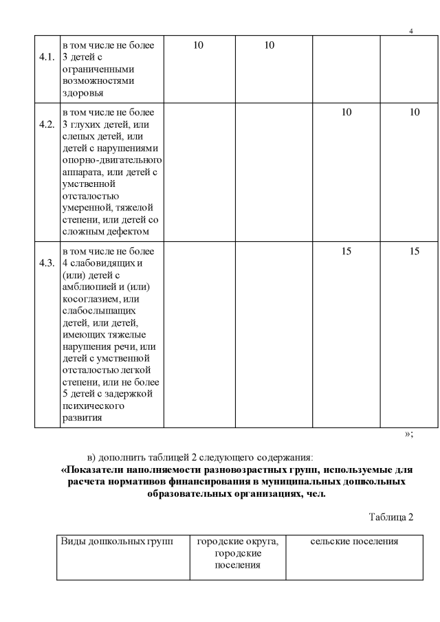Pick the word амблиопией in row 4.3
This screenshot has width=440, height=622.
[88, 287]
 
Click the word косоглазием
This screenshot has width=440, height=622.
[93, 299]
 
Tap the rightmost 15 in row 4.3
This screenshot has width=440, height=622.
[415, 252]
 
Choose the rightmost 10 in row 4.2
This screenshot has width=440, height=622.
[415, 113]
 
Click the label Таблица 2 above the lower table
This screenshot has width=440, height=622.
[390, 518]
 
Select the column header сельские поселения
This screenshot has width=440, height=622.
[354, 542]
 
